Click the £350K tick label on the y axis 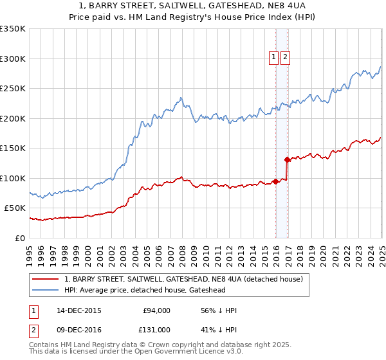pyautogui.click(x=13, y=29)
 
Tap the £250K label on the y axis pyautogui.click(x=13, y=89)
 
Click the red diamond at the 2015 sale pyautogui.click(x=275, y=181)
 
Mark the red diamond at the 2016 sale pyautogui.click(x=287, y=159)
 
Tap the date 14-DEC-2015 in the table pyautogui.click(x=79, y=310)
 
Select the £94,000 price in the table pyautogui.click(x=156, y=310)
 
